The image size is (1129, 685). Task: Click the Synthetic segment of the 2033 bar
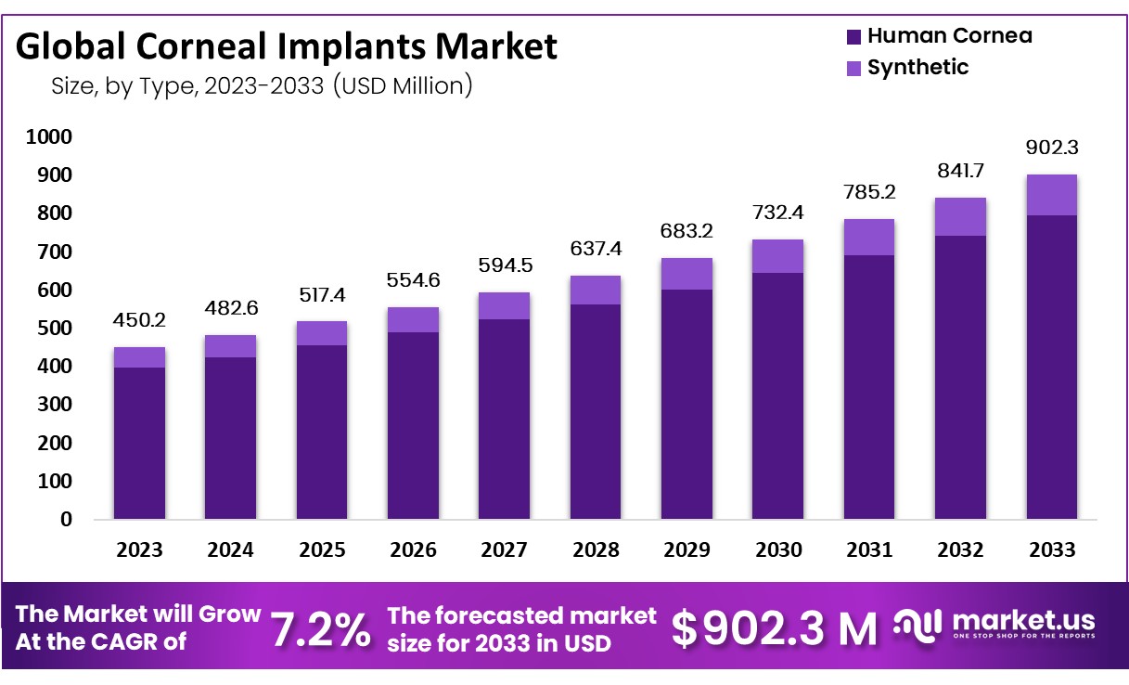1052,195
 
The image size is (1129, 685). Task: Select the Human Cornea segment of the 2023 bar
139,444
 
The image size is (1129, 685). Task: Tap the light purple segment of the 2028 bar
596,290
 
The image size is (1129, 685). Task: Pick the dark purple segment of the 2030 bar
777,396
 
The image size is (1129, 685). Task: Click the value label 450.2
139,320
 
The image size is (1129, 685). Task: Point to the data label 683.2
686,231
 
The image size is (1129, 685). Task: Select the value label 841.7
960,171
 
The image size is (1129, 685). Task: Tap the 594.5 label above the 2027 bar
505,265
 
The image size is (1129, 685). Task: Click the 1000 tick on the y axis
49,136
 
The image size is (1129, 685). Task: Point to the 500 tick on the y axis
55,328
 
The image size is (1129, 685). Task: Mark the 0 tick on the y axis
66,519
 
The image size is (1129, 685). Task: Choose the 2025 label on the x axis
322,549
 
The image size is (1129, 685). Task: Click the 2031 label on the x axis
869,549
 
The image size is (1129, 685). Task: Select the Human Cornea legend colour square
853,37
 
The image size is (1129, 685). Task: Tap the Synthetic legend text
917,67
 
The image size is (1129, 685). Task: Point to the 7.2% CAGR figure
321,629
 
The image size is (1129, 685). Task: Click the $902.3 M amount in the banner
775,628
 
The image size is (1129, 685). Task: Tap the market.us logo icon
917,627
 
